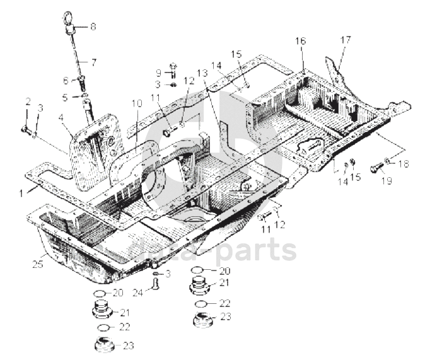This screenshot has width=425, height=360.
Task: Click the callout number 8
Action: click(93, 26)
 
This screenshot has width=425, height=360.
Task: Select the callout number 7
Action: click(93, 62)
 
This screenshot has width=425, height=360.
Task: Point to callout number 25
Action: click(37, 264)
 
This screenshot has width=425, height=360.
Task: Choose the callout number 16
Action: click(301, 42)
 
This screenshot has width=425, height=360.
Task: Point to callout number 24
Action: click(137, 292)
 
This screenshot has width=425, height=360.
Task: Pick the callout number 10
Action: click(137, 103)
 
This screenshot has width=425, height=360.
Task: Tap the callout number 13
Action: click(201, 74)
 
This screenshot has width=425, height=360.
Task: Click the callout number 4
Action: click(61, 117)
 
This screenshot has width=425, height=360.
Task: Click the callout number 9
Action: click(159, 73)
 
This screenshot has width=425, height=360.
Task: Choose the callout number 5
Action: click(64, 97)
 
